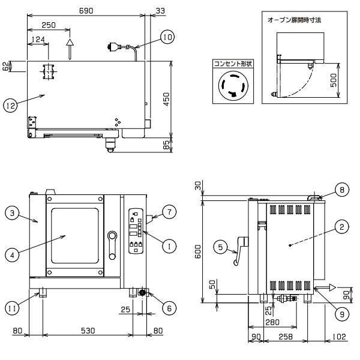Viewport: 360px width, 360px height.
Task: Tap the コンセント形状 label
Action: click(231, 62)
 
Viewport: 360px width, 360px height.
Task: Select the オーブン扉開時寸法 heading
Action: click(294, 19)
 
